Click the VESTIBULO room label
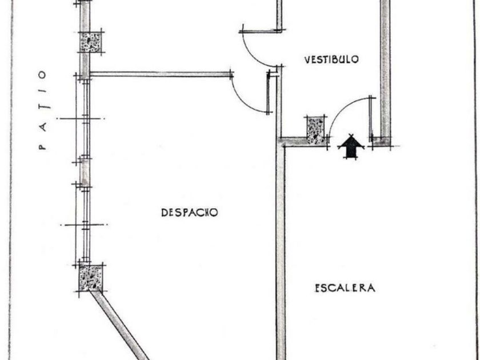pos(331,59)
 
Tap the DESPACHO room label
pos(190,212)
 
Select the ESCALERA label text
pos(345,287)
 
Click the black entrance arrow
pos(351,146)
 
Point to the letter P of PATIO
pos(41,146)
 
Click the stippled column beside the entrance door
pos(315,129)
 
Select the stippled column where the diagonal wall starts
pos(90,278)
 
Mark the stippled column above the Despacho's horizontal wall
pos(90,42)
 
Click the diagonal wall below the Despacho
pos(121,326)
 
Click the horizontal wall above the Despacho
pos(160,74)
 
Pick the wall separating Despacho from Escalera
pos(281,246)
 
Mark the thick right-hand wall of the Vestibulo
pos(385,69)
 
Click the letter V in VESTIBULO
pos(307,59)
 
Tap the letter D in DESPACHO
pos(165,212)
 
